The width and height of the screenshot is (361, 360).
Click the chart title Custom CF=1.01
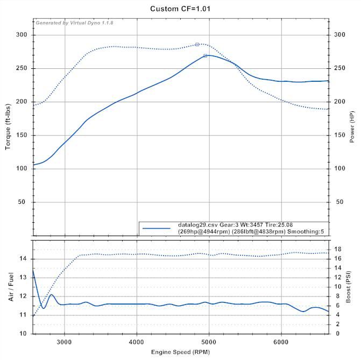click(180, 9)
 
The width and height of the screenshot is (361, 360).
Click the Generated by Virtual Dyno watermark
click(74, 23)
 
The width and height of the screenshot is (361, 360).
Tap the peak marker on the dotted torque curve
click(197, 44)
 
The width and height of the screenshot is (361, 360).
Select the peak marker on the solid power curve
click(206, 55)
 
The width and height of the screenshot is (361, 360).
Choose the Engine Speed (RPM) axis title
click(180, 351)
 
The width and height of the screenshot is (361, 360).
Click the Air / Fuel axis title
click(11, 286)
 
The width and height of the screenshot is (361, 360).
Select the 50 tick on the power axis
click(339, 202)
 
